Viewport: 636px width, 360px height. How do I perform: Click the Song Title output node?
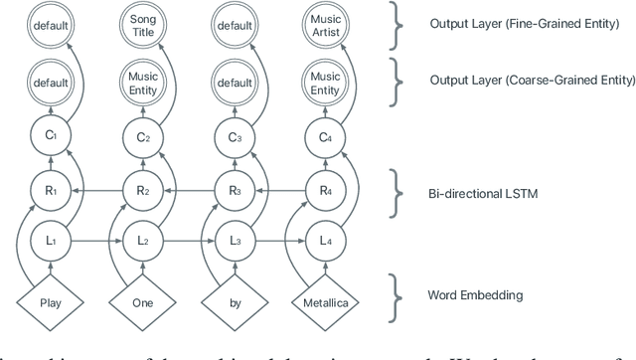(137, 25)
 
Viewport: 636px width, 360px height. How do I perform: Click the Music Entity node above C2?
(137, 79)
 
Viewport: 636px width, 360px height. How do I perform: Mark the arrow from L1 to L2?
(90, 239)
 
